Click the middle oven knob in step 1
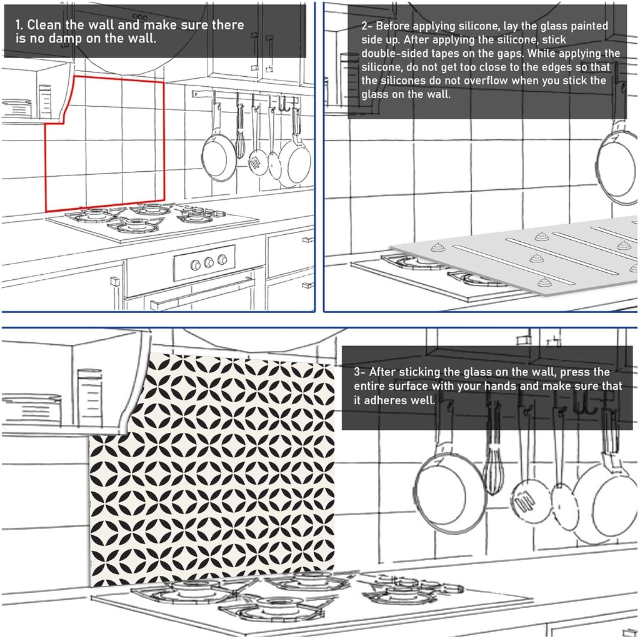[x=209, y=262]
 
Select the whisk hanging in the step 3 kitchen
[x=494, y=465]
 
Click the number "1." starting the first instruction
[x=20, y=26]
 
